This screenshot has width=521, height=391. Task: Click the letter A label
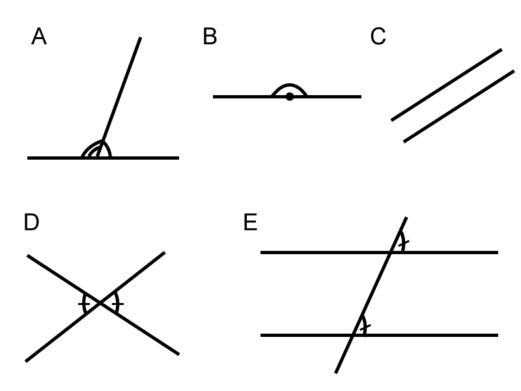coord(38,37)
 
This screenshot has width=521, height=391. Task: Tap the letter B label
coord(210,37)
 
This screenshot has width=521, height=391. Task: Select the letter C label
coord(378,37)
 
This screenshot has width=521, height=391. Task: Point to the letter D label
coord(31,223)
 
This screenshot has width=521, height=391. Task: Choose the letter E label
coord(250,223)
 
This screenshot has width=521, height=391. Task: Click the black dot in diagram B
coord(290,96)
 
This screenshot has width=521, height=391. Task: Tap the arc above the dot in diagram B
coord(290,85)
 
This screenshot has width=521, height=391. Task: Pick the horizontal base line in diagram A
coord(150,158)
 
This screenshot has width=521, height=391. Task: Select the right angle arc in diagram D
coord(118,304)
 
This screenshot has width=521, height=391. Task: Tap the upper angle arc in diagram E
coord(403,242)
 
